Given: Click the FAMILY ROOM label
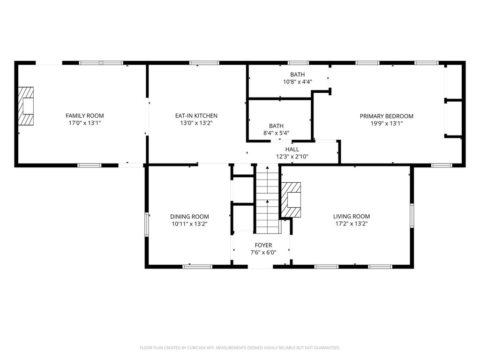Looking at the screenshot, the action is [85, 116].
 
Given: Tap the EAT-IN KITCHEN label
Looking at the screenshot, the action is [196, 116].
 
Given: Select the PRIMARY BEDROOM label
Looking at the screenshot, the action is [387, 116].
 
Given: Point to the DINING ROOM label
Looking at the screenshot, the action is [189, 217].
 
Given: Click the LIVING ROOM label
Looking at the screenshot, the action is [352, 216].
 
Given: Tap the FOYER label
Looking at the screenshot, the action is [263, 245].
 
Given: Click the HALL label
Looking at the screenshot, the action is [292, 150].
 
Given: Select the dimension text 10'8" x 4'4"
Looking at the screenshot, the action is [298, 82].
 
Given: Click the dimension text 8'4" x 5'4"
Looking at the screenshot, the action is [276, 133].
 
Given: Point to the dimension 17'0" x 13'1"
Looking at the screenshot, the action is [85, 123].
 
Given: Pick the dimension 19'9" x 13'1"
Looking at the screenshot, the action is [387, 123].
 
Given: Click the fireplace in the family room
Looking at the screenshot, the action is [26, 106].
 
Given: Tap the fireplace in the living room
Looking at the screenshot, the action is [291, 200].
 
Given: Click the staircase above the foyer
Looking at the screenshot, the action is [268, 199].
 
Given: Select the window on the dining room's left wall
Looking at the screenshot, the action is [147, 225].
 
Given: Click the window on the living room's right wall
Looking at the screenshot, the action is [412, 216].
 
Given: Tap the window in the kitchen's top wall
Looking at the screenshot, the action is [204, 63].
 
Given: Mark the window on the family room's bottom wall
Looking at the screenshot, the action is [89, 165].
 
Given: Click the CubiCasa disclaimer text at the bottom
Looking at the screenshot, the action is [240, 348].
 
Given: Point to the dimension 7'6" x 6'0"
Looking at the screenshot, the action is [263, 253].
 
